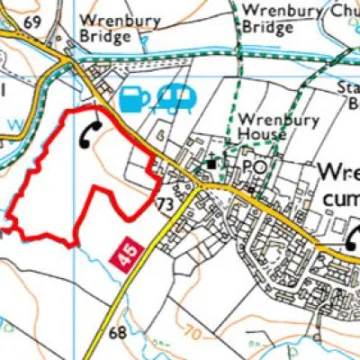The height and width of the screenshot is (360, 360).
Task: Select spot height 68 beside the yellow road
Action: (116, 332)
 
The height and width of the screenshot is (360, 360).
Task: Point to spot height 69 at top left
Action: (31, 22)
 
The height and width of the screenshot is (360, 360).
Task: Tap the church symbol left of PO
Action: (213, 162)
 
